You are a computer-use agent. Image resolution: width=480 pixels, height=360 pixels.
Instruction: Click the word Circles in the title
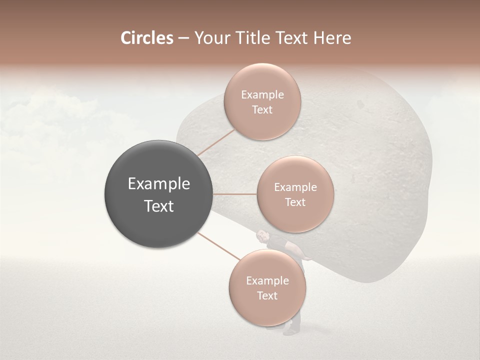[146, 38]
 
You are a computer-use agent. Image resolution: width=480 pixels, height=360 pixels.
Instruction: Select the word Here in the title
[331, 38]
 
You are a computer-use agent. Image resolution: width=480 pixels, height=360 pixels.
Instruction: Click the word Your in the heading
[210, 38]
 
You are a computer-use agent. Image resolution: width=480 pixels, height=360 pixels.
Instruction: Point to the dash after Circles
[183, 38]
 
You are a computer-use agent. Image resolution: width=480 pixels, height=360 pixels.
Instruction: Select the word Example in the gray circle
[159, 184]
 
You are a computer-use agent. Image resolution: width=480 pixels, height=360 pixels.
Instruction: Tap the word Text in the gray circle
[159, 206]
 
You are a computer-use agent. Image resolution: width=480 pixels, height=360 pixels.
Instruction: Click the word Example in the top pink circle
[262, 95]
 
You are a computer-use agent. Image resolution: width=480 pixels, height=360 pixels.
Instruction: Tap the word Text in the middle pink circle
[295, 202]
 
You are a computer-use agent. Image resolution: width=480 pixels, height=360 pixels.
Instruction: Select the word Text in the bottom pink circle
[267, 295]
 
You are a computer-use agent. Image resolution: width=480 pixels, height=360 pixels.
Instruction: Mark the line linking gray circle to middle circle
[235, 194]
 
